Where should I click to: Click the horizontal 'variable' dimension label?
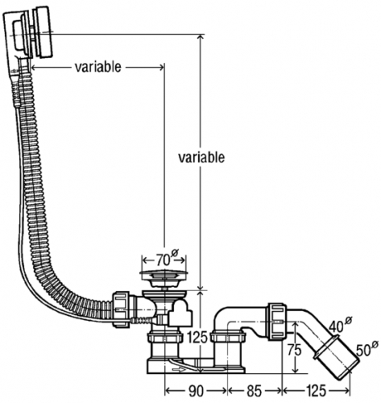click(x=97, y=67)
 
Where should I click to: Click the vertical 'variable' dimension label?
click(x=201, y=157)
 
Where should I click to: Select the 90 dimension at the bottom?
click(x=196, y=391)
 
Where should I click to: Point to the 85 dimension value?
click(x=255, y=391)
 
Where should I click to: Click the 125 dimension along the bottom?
click(x=316, y=391)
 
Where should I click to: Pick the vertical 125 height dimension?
click(x=197, y=338)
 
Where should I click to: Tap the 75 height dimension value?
click(x=295, y=351)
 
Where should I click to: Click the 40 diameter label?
click(x=341, y=324)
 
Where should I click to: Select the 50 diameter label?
click(x=367, y=348)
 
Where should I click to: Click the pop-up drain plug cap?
click(x=163, y=275)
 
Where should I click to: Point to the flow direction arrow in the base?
click(x=179, y=370)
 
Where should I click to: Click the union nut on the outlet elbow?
click(x=277, y=322)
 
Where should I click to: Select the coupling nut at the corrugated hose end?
click(x=122, y=309)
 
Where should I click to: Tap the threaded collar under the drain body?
click(x=164, y=337)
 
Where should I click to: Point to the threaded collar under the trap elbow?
click(x=228, y=337)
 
